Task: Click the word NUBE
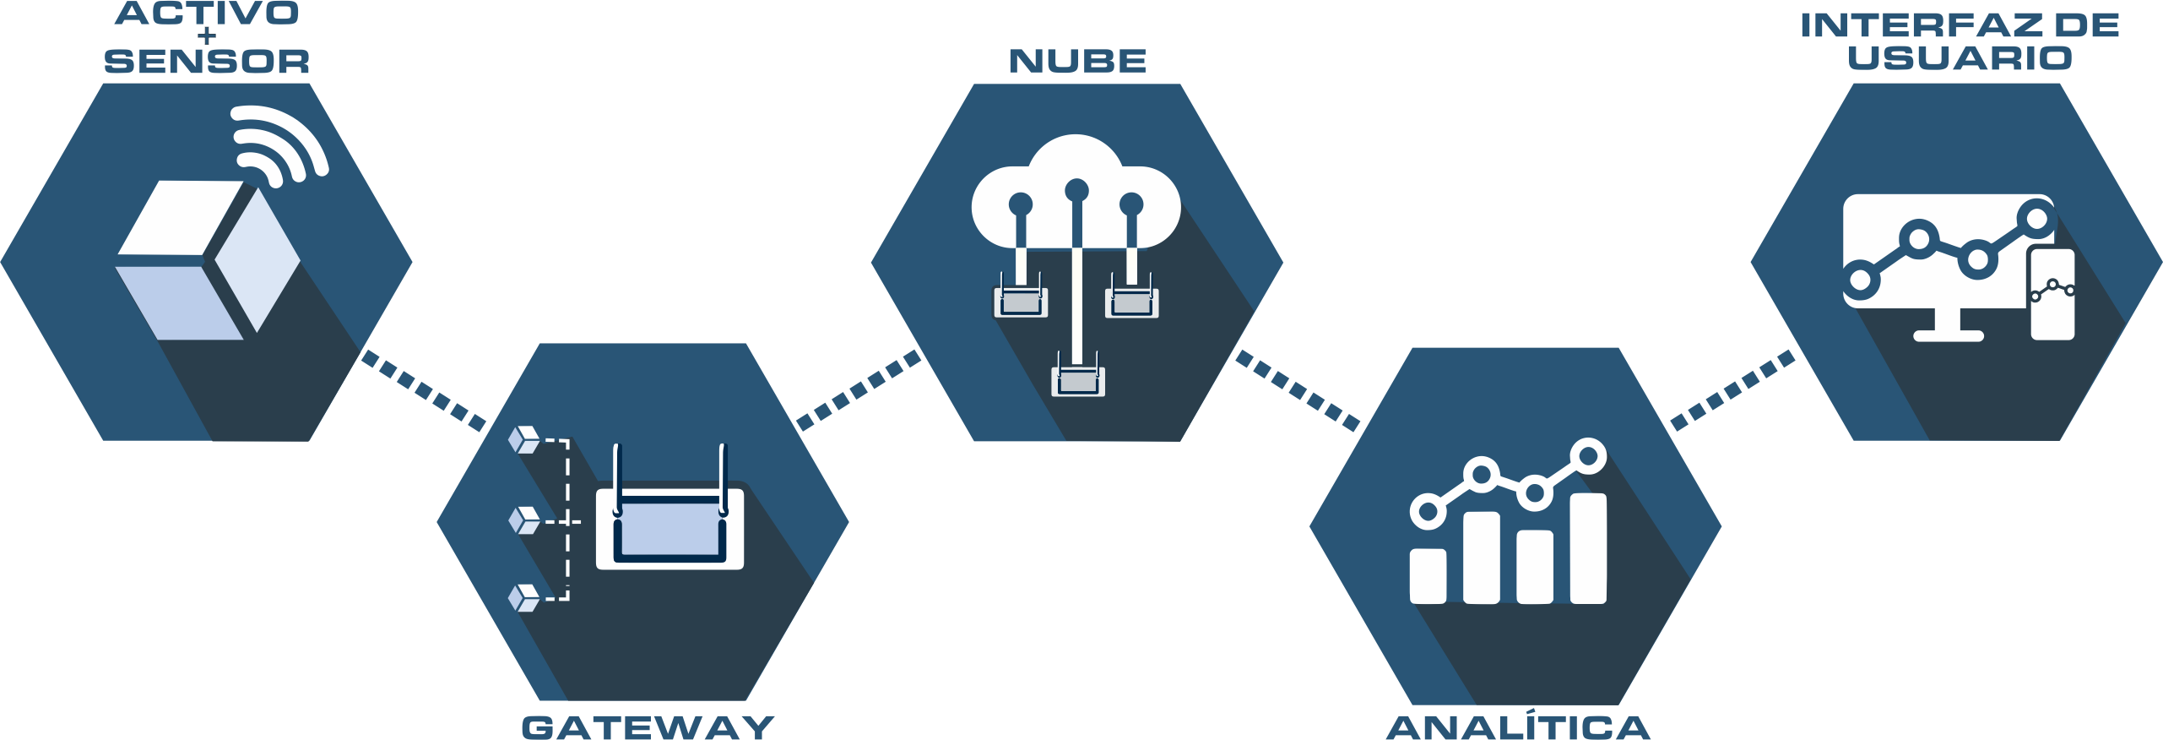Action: coord(1077,61)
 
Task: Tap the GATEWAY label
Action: coord(648,727)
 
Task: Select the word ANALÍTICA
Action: coord(1518,727)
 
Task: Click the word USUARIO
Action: coord(1960,58)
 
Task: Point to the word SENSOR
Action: coord(207,62)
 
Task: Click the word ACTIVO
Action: coord(207,13)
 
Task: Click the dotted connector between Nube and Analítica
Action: coord(1298,389)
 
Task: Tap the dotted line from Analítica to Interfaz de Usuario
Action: coord(1732,389)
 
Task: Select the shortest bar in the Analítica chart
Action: coord(1428,575)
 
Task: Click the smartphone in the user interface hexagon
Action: coord(2052,294)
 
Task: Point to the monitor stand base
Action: coord(1948,335)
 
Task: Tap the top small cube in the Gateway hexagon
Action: coord(524,440)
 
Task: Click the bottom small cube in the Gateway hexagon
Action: coord(524,597)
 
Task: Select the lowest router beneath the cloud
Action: coord(1077,381)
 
